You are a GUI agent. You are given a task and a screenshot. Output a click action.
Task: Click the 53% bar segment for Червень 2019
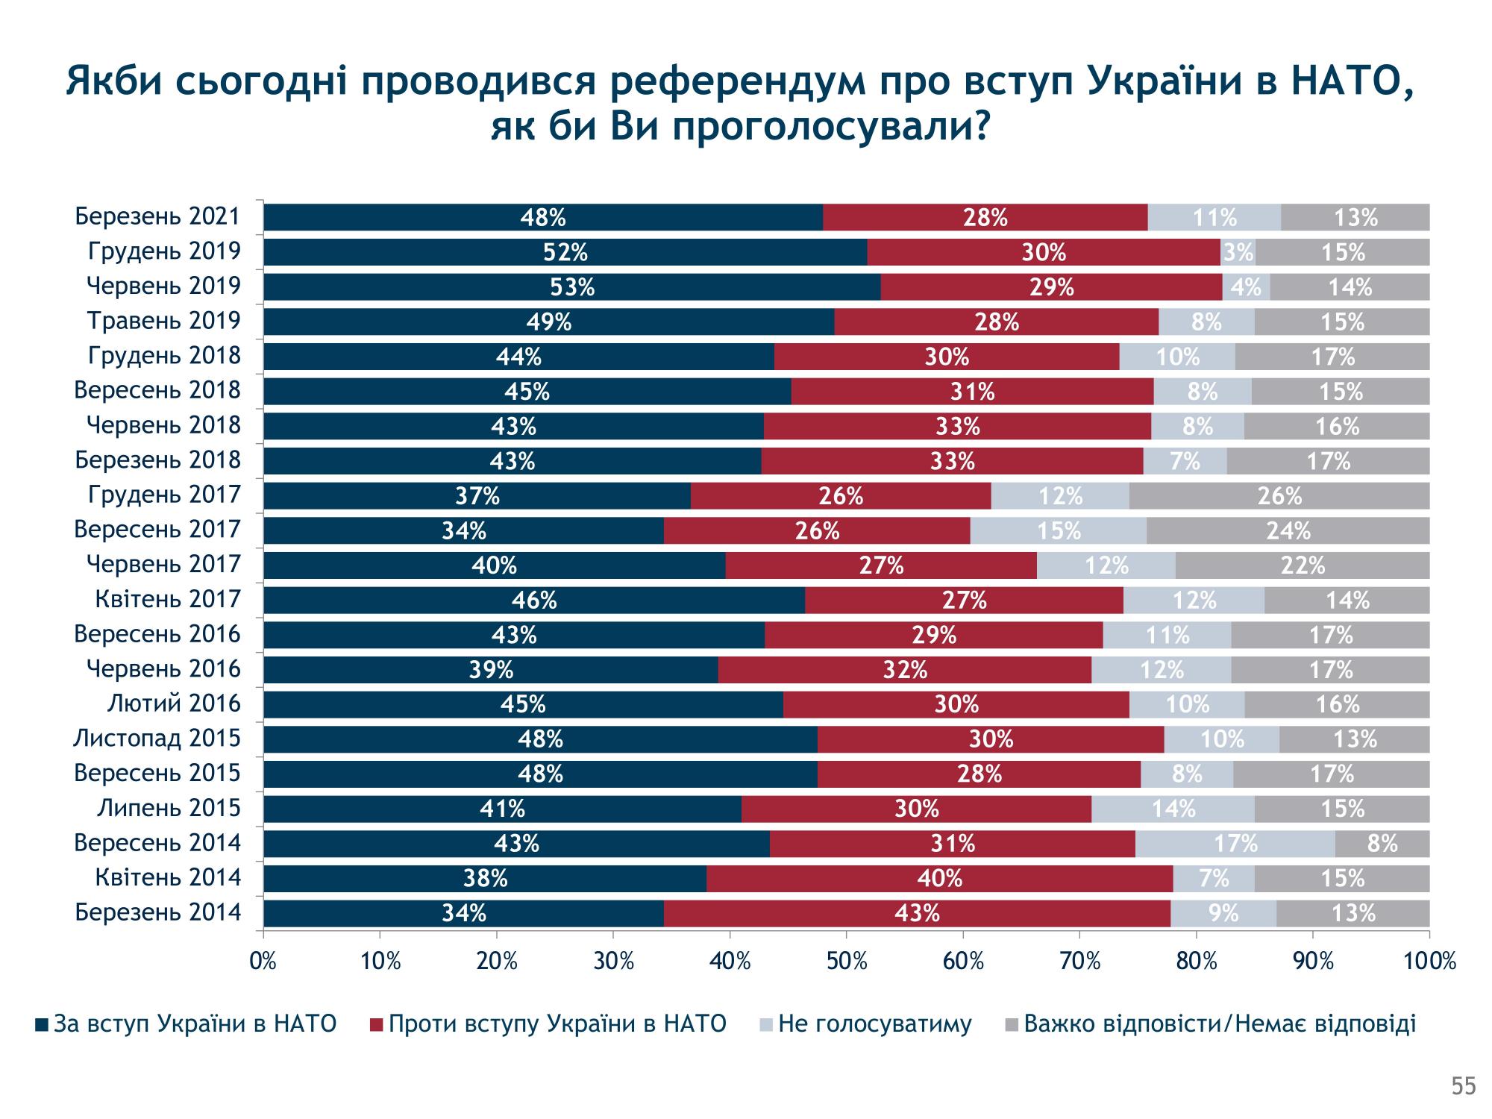pos(571,287)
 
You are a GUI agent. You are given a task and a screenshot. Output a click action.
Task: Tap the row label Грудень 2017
pos(164,495)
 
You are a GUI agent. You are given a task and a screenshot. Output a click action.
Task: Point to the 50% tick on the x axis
pos(846,962)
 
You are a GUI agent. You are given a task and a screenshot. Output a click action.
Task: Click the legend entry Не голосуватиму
pos(874,1024)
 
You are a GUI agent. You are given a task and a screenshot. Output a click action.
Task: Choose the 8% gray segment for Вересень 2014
pos(1382,844)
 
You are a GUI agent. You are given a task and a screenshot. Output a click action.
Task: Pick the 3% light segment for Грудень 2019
pos(1238,252)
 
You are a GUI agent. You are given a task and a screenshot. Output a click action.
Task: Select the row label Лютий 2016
pos(174,703)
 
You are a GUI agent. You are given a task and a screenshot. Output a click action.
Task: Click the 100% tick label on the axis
pos(1429,962)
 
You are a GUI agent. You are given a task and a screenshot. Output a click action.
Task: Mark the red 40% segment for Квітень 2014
pos(939,878)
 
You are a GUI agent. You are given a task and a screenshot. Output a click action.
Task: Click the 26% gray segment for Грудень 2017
pos(1279,496)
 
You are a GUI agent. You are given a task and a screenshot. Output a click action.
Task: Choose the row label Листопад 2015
pos(157,739)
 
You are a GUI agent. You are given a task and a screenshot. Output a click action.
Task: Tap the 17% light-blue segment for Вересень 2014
pos(1235,844)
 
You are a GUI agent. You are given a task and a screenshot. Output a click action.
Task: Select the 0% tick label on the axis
pos(263,962)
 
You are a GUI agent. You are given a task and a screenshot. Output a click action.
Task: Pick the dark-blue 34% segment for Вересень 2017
pos(463,530)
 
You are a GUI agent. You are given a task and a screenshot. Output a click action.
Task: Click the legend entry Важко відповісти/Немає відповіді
pos(1219,1024)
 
